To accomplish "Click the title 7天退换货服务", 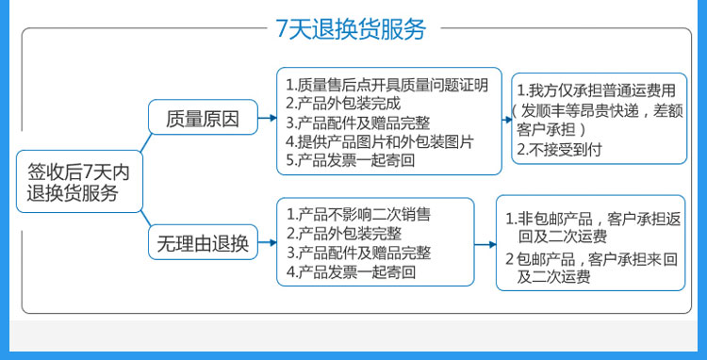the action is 351,29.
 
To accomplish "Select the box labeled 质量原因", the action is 203,117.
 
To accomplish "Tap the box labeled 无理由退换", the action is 203,242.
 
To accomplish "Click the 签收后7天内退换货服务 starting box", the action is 79,182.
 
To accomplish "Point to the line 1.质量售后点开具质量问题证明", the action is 386,85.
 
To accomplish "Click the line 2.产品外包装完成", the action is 343,104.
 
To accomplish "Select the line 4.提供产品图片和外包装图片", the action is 380,141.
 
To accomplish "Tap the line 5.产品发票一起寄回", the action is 351,160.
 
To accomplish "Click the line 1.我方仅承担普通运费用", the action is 596,90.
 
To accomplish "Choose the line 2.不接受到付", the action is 559,150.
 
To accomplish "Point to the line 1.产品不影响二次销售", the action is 358,214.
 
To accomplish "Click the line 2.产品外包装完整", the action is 343,234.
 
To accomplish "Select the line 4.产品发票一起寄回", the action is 351,272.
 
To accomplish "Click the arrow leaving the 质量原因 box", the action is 268,118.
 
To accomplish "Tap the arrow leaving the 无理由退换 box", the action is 268,243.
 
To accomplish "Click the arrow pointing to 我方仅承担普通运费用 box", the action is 507,121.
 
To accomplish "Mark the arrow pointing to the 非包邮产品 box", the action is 485,245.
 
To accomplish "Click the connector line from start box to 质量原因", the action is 145,142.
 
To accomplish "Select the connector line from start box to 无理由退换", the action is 145,219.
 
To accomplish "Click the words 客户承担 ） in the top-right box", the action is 551,130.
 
